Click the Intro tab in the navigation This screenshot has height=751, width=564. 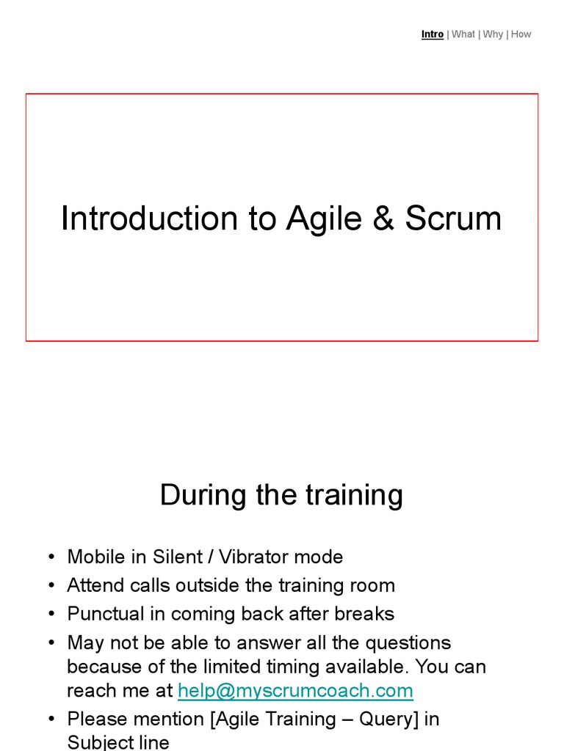click(432, 34)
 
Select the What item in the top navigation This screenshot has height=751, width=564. click(463, 34)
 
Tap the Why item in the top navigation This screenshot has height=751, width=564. click(493, 34)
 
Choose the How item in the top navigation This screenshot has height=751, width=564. click(521, 34)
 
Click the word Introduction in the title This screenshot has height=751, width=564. click(150, 219)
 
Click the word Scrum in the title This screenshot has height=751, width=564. click(453, 219)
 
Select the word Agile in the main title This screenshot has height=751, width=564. click(324, 219)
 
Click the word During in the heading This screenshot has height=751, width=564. click(203, 495)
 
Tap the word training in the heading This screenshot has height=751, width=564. click(354, 495)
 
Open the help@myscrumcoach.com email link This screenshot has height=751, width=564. click(295, 690)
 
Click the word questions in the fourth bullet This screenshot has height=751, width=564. click(408, 643)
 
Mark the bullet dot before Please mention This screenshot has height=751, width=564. click(51, 719)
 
